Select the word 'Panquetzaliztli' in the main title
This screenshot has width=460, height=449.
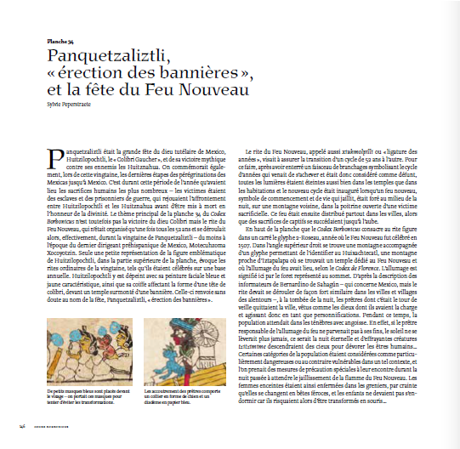[111, 55]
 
